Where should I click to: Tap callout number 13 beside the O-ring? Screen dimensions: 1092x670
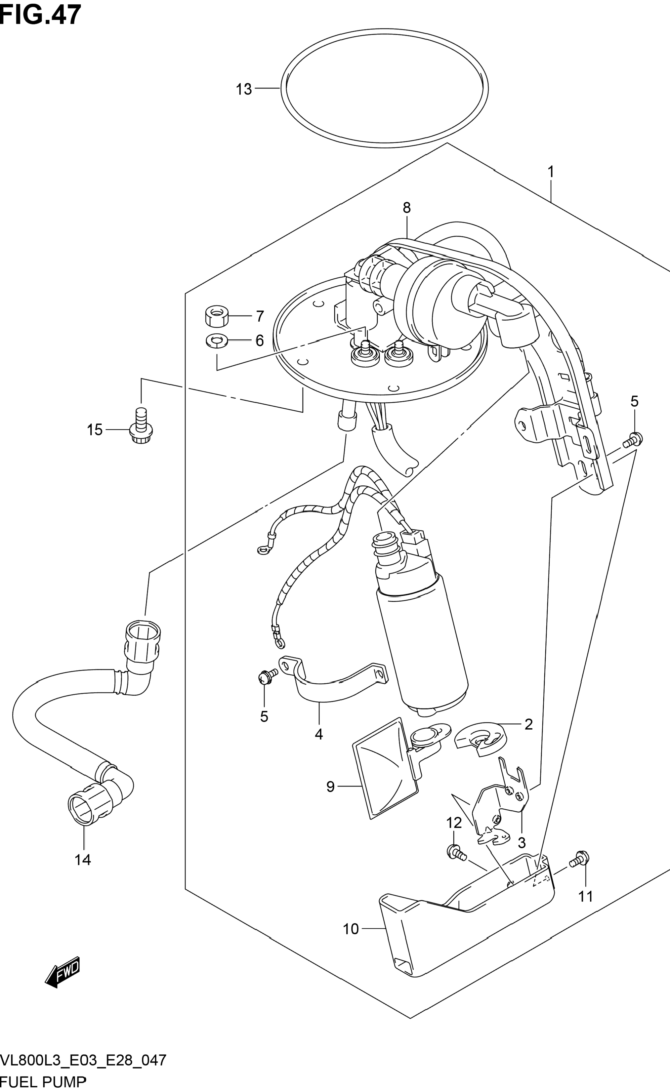(243, 90)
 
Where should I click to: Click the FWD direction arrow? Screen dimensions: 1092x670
(63, 971)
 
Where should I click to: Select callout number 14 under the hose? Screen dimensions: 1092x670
(83, 860)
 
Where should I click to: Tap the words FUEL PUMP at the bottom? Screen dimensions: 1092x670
(43, 1084)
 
